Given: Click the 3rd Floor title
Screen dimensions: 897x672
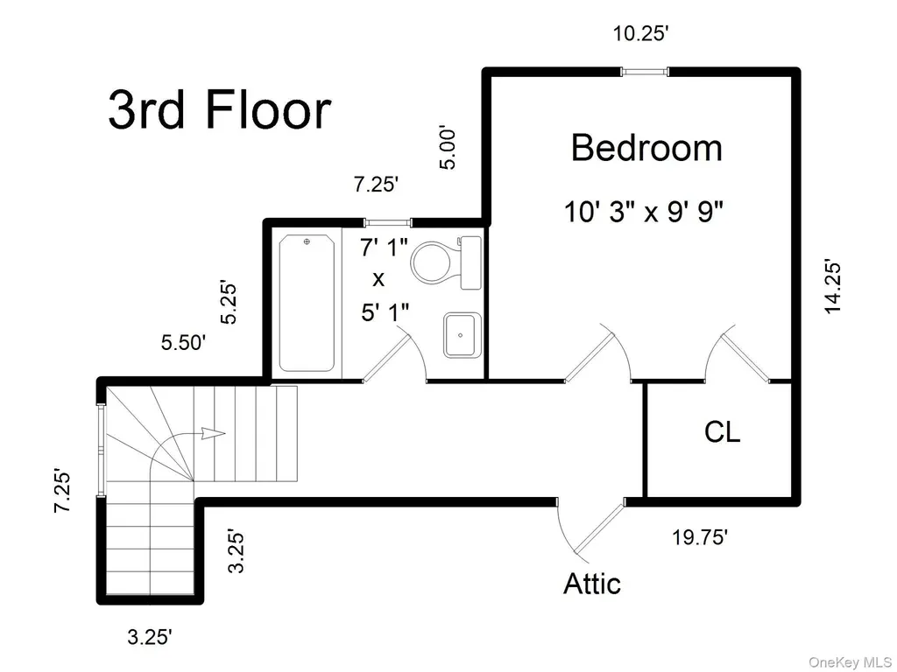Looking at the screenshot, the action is tap(220, 109).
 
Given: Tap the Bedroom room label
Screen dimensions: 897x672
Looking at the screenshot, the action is tap(646, 147).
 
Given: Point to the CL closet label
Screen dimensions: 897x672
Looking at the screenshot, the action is tap(722, 431).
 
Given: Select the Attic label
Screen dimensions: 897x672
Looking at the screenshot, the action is tap(592, 584).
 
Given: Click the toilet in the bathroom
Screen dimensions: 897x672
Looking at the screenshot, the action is tap(446, 262).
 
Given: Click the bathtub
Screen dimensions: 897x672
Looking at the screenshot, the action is tap(307, 303).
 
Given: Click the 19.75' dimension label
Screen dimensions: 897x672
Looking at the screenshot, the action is tap(700, 537).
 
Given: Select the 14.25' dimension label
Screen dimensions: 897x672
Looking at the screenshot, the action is tap(832, 287).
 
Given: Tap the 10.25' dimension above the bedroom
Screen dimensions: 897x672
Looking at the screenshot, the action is tap(640, 34).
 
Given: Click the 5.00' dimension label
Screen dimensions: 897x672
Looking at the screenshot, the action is tap(448, 148).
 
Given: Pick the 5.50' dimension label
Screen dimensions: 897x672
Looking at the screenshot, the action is tap(183, 343).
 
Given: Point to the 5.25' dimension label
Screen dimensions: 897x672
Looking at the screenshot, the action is tap(229, 302).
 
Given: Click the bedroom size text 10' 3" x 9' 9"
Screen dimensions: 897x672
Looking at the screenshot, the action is tap(644, 212).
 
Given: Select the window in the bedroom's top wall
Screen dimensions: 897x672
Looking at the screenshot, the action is tap(645, 72).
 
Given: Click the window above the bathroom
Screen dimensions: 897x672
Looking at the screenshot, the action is tap(388, 223).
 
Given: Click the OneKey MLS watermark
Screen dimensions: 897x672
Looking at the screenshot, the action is tap(850, 662).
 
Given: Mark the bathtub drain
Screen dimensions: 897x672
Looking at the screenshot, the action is tap(307, 242).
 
